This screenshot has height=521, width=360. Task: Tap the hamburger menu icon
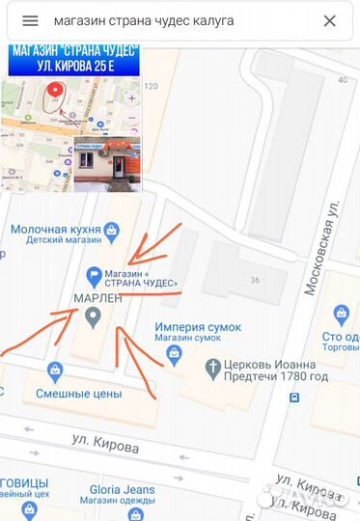[30, 20]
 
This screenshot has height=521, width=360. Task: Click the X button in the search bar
[329, 20]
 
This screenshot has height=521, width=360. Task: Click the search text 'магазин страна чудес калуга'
[144, 20]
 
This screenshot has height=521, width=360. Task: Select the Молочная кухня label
[55, 230]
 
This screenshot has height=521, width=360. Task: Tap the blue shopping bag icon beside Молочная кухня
[113, 230]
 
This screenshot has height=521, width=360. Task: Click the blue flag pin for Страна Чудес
[95, 275]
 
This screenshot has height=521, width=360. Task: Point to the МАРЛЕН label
[97, 299]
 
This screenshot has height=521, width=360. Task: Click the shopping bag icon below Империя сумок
[174, 352]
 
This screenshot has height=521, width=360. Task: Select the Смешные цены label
[78, 393]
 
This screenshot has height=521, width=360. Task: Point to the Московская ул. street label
[321, 249]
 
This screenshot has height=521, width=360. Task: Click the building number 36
[255, 281]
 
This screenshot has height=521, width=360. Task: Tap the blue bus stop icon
[293, 397]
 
